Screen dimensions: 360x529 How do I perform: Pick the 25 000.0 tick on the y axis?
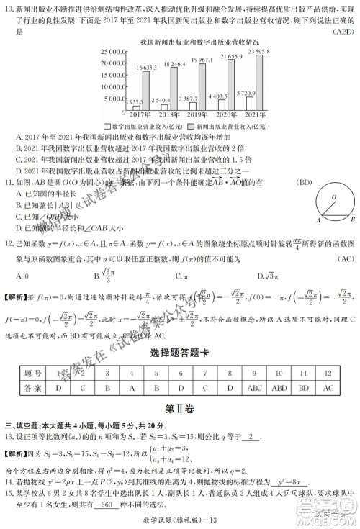tap(104, 52)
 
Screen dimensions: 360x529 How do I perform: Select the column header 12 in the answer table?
tap(328, 373)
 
